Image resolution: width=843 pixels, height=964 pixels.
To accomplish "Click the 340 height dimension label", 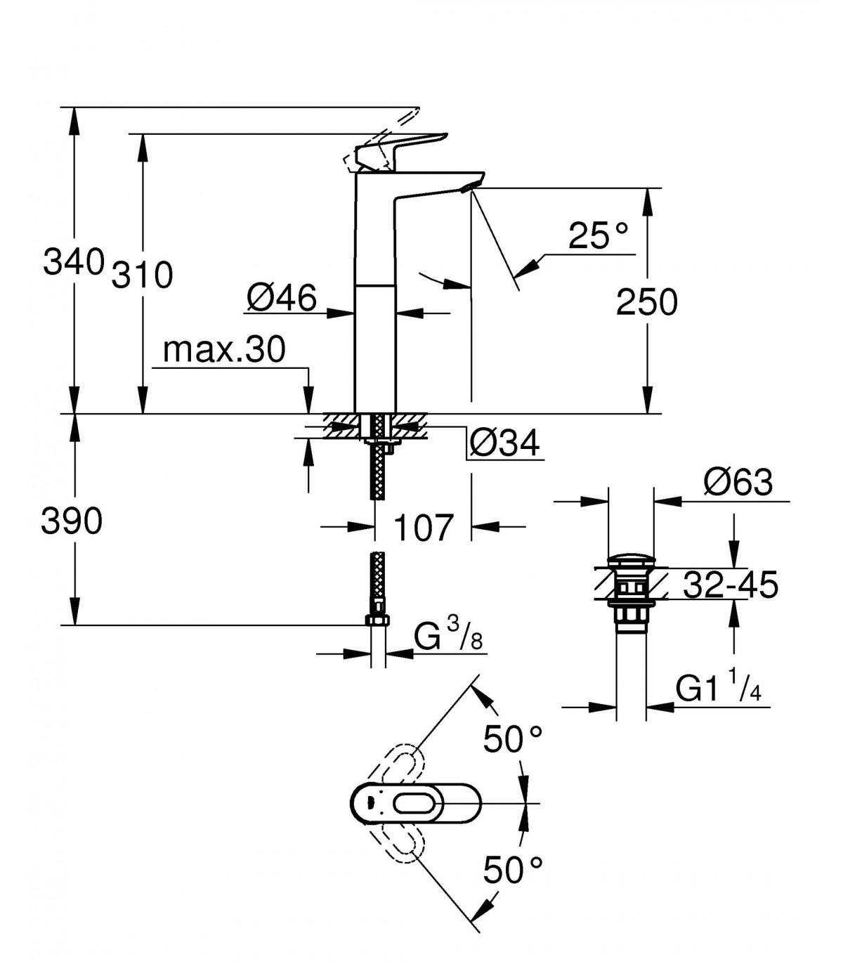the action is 73,262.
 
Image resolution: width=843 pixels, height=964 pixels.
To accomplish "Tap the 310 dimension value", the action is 142,275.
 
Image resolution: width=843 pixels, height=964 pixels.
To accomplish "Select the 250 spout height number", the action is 646,302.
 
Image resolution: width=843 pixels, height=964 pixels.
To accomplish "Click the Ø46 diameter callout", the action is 281,298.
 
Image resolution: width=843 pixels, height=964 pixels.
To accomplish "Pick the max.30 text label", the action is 224,350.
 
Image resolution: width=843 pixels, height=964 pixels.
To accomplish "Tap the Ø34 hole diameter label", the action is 504,443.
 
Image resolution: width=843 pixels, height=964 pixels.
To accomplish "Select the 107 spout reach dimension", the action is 422,528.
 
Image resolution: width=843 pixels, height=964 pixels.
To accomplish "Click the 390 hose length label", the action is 72,521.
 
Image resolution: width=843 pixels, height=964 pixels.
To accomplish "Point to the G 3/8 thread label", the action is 448,634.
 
